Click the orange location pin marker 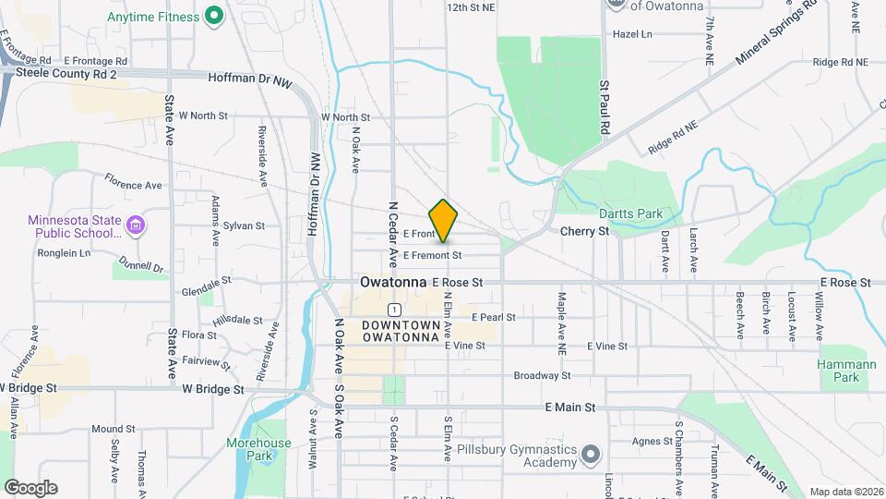444,220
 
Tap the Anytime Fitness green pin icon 214,16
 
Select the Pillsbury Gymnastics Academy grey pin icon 591,456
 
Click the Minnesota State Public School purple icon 135,225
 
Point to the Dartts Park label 631,213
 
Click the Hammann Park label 846,371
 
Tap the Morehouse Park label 258,449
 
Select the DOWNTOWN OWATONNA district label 400,331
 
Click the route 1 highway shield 394,309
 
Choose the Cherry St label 585,232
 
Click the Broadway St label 543,376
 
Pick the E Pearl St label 493,317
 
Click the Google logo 30,487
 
